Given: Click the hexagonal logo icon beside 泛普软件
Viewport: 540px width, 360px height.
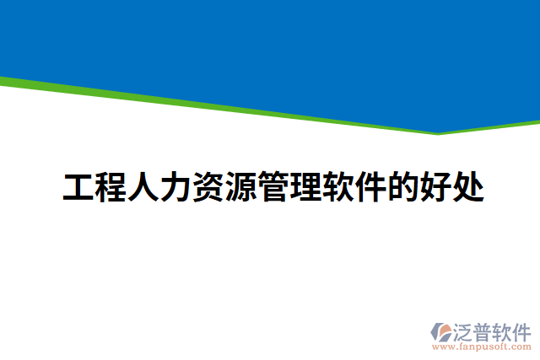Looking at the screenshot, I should point(440,330).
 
